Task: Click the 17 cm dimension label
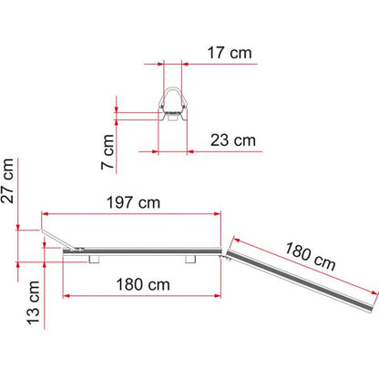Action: click(230, 53)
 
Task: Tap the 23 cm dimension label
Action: click(233, 140)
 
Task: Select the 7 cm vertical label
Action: click(108, 152)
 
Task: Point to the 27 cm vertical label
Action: click(7, 180)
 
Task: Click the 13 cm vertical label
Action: click(34, 302)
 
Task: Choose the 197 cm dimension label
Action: click(133, 202)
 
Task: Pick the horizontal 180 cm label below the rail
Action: click(143, 285)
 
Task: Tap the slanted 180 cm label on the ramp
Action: click(310, 257)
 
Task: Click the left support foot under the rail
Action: click(94, 259)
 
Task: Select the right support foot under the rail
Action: click(190, 259)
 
